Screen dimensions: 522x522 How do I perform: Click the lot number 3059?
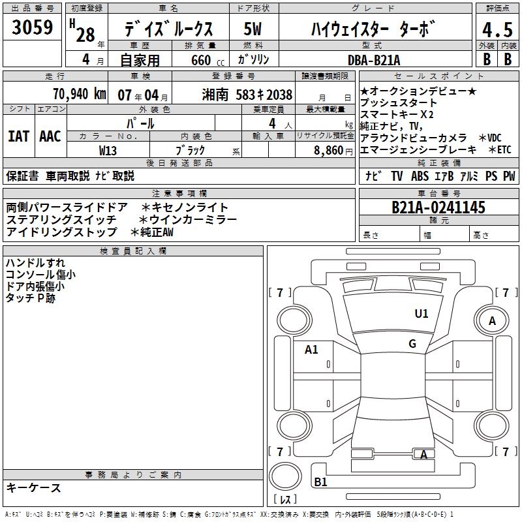[32, 27]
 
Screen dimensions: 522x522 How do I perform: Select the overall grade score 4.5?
[497, 30]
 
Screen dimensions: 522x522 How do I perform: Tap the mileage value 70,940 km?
[80, 94]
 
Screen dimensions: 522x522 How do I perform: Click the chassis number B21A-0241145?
[438, 207]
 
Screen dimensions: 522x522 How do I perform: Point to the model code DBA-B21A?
[374, 60]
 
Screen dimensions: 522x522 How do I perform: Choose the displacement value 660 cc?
[207, 61]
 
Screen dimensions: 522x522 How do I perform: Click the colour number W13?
[108, 151]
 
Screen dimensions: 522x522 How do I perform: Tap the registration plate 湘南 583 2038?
[247, 95]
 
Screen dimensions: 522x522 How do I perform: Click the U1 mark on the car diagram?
[422, 313]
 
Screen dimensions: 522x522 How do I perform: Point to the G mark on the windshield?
[412, 344]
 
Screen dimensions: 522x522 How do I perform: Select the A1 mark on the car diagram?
[311, 350]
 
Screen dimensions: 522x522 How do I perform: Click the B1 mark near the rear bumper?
[320, 482]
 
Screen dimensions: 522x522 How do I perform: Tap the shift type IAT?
[18, 136]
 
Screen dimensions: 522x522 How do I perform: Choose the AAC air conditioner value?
[50, 136]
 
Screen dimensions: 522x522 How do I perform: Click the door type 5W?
[253, 29]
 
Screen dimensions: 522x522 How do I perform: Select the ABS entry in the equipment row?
[420, 176]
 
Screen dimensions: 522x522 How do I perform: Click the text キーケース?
[34, 487]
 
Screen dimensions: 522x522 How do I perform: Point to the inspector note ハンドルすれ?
[35, 263]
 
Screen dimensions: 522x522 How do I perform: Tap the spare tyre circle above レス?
[285, 476]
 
